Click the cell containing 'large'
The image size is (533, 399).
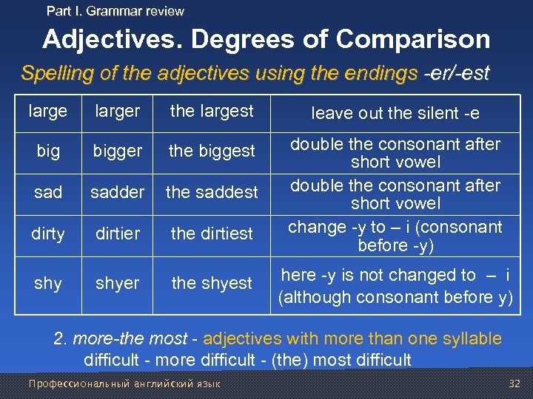tap(48, 112)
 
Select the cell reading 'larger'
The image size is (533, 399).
tap(117, 112)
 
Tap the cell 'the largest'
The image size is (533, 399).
tap(212, 112)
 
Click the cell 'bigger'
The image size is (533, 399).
tap(117, 151)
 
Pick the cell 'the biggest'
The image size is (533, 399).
tap(212, 151)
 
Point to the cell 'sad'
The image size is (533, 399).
tap(48, 193)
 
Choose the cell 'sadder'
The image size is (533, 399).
tap(117, 193)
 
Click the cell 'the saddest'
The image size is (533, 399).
tap(212, 193)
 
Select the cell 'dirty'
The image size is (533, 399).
tap(48, 234)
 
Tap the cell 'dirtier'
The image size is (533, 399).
tap(117, 234)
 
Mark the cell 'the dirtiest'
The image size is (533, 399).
tap(212, 234)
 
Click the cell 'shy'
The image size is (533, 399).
tap(48, 284)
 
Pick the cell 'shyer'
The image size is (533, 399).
tap(117, 284)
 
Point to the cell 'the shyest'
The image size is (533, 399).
tap(212, 284)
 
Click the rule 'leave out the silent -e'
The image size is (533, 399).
tap(395, 113)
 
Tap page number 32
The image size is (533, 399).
tap(515, 384)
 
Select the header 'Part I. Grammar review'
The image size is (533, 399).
tap(115, 11)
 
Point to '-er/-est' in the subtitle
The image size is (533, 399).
tap(455, 74)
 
